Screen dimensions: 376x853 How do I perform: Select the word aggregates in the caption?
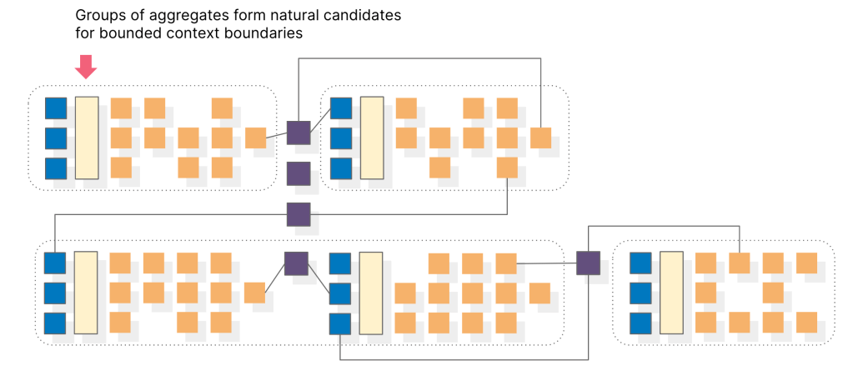click(183, 16)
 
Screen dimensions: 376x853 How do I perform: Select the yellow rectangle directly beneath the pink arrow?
click(87, 138)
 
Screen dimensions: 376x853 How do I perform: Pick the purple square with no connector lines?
click(299, 173)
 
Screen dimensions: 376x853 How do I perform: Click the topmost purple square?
click(299, 133)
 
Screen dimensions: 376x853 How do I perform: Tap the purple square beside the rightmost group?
click(589, 263)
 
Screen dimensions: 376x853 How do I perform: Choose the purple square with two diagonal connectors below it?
click(296, 263)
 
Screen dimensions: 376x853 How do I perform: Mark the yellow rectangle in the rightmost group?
click(671, 293)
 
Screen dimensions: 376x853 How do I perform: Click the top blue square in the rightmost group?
click(641, 263)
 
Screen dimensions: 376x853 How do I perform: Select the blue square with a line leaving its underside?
click(340, 323)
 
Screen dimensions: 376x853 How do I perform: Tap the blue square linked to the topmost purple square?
click(341, 108)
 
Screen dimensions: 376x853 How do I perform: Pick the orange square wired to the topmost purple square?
click(255, 138)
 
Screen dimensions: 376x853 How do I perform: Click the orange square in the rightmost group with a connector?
click(740, 263)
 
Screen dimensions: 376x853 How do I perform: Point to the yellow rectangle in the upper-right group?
click(372, 138)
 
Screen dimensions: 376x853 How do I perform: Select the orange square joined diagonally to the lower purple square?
click(254, 293)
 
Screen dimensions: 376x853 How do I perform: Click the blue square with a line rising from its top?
click(54, 263)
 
